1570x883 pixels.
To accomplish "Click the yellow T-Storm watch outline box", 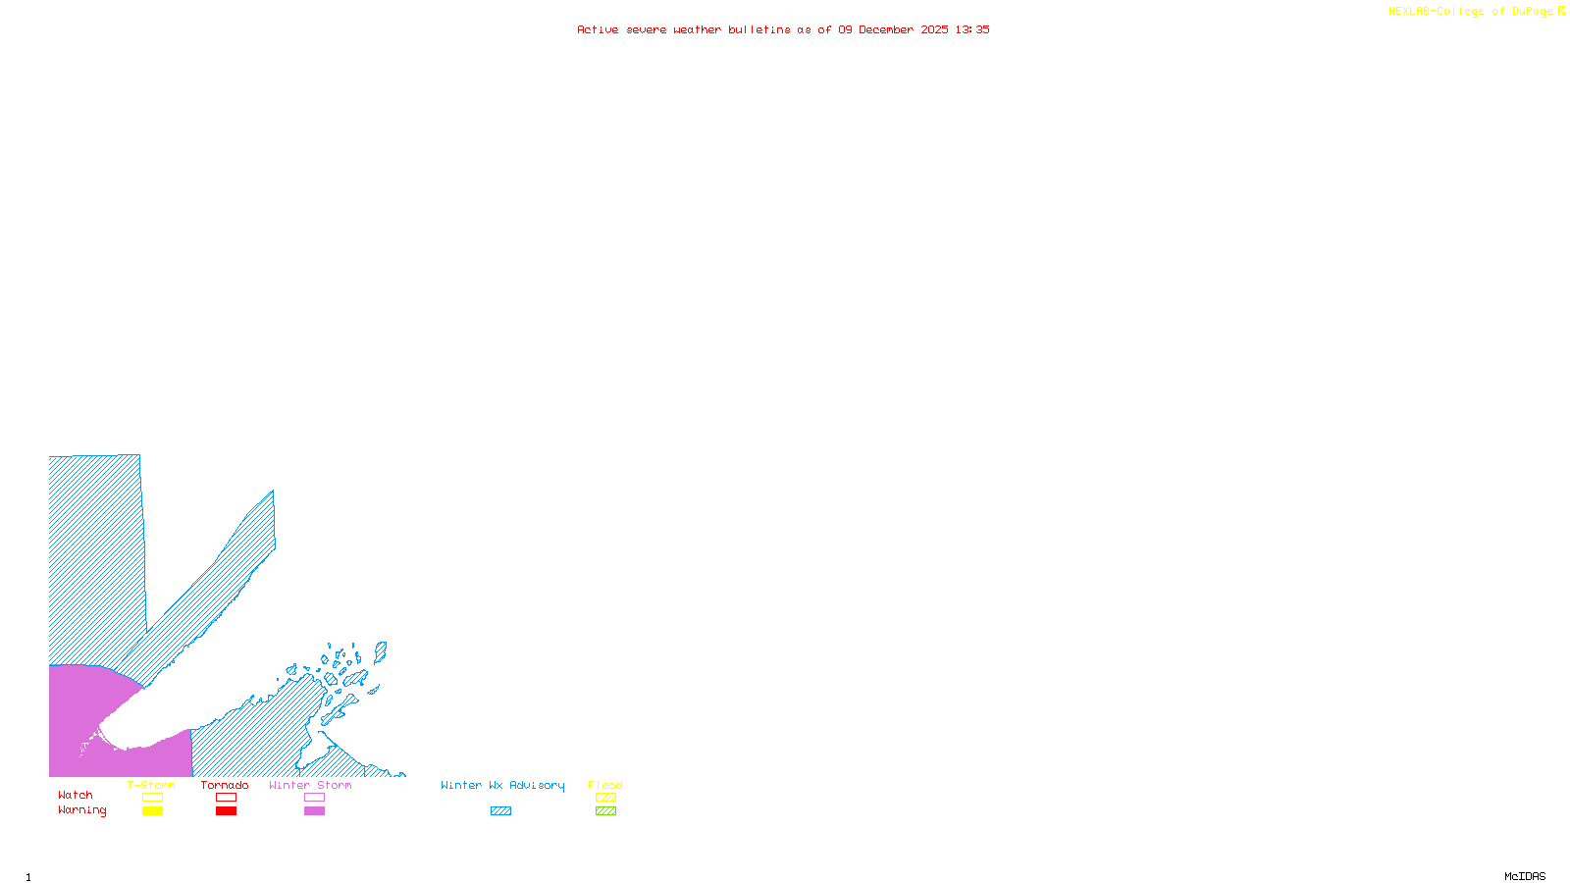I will (152, 798).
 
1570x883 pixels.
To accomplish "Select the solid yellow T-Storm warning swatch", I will (152, 811).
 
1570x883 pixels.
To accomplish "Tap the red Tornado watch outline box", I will (226, 798).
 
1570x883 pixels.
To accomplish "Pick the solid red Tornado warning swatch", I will (226, 811).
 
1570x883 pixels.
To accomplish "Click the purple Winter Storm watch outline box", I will (314, 798).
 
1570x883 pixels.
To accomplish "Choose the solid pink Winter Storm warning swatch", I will (314, 811).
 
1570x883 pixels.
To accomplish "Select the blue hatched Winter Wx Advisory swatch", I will (500, 811).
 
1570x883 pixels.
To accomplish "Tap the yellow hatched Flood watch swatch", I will (605, 798).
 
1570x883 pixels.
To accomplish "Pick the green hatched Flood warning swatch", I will (605, 811).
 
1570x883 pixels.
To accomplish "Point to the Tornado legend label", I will (225, 785).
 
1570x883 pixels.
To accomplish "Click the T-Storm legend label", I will (151, 785).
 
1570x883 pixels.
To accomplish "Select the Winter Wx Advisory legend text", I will (502, 785).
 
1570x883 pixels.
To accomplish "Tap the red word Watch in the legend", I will (76, 796).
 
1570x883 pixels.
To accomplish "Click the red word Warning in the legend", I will (82, 810).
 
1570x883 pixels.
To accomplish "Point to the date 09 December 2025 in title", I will (893, 29).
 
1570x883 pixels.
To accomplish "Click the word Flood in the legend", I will (605, 785).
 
